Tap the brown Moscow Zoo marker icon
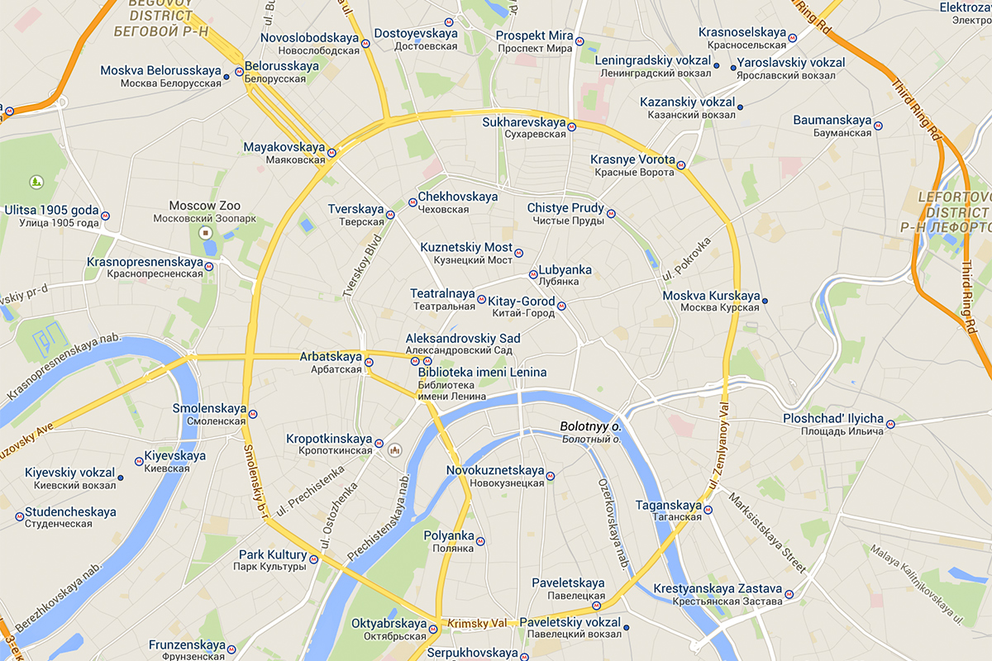[x=206, y=234]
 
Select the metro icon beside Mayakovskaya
[x=331, y=152]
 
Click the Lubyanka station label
[x=565, y=270]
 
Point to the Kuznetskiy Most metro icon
[x=519, y=253]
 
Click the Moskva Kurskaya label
[x=711, y=296]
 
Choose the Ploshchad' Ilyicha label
[x=833, y=419]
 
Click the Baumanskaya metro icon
[x=878, y=126]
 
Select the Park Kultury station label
[x=272, y=555]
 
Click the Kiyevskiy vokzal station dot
[x=120, y=478]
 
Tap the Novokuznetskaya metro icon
[x=551, y=476]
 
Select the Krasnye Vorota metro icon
[x=681, y=164]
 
